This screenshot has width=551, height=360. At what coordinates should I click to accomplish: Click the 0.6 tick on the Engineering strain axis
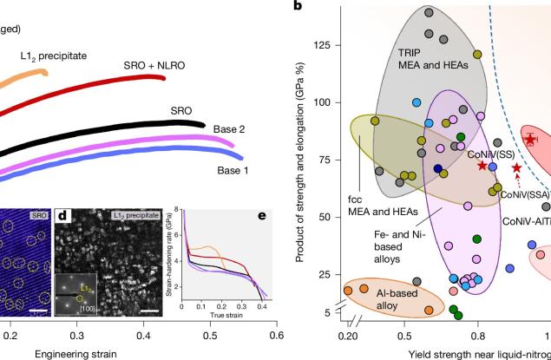(276, 332)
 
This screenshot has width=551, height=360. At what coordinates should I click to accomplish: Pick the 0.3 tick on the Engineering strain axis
(76, 332)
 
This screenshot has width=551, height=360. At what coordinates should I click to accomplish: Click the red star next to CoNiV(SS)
(482, 165)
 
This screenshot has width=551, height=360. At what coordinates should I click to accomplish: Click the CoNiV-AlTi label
(526, 221)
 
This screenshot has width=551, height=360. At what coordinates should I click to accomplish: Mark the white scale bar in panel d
(148, 310)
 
